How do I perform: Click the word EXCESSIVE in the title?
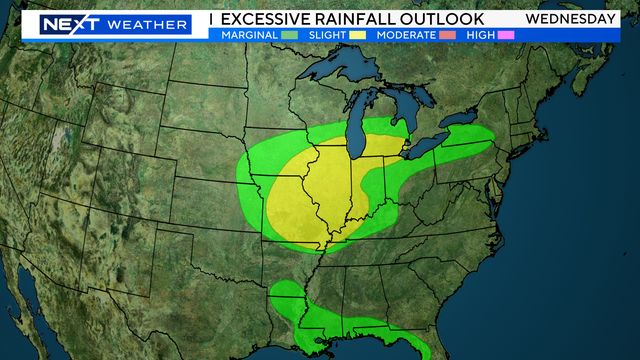click(269, 19)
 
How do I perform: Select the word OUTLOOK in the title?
click(447, 19)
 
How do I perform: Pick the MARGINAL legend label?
click(249, 35)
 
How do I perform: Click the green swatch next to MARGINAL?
click(291, 35)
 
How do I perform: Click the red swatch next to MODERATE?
click(445, 35)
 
